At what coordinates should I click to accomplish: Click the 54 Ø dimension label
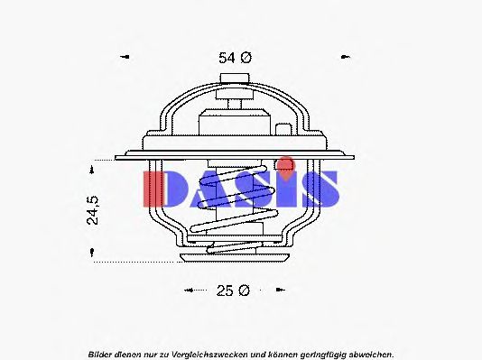(x=234, y=57)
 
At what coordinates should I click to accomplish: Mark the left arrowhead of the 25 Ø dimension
(x=189, y=291)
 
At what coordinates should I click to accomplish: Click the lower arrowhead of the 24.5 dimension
(x=94, y=255)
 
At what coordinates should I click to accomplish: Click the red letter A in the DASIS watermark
(x=207, y=189)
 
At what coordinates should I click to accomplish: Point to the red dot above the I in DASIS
(x=286, y=163)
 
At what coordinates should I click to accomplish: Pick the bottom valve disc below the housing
(x=236, y=258)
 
